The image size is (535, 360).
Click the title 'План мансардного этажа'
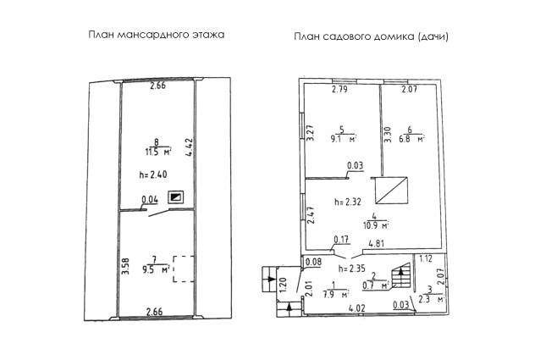point(157,36)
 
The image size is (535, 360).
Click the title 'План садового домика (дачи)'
point(372,36)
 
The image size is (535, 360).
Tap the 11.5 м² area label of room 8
point(158,152)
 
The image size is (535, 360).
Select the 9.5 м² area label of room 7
point(157,269)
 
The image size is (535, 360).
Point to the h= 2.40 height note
point(153,174)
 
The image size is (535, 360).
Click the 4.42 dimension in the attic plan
point(189,147)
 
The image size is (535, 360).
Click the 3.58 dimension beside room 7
point(125,267)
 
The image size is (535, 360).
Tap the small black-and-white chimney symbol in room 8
point(176,197)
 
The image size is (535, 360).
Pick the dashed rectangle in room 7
point(183,269)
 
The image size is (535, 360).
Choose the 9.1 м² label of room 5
point(344,139)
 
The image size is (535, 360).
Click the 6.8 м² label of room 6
point(411,139)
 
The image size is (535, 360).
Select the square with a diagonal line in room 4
point(391,191)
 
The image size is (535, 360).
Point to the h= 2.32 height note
point(348,202)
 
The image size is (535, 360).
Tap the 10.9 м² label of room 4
point(376,225)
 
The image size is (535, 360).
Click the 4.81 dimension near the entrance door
point(377,244)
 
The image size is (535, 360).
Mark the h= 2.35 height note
point(352,269)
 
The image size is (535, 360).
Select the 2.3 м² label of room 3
point(431,299)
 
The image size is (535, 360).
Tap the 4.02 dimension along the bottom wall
point(357,308)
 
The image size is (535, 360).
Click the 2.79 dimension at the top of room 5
point(339,90)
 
